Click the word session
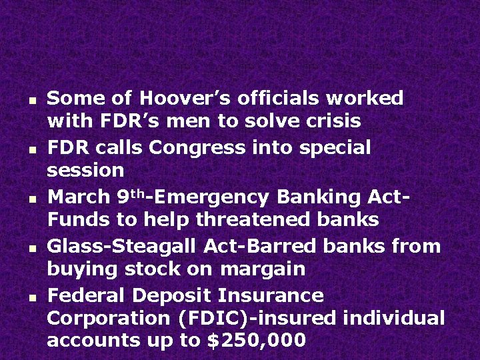[x=85, y=171]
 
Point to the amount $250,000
[x=257, y=341]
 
